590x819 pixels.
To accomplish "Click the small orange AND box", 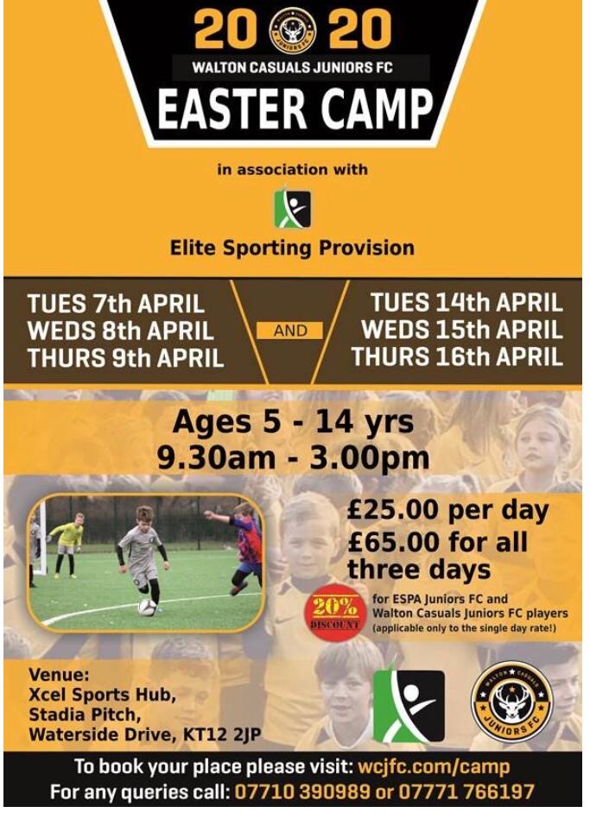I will click(x=290, y=331).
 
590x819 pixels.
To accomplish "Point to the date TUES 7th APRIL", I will click(x=116, y=305).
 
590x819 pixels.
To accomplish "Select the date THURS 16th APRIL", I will click(x=457, y=356).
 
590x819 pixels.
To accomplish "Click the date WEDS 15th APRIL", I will click(x=461, y=330).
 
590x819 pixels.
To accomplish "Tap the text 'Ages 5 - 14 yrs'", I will click(x=293, y=424).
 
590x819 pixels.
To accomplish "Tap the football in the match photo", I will click(x=147, y=607).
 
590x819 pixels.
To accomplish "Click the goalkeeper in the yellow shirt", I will click(x=66, y=544).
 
